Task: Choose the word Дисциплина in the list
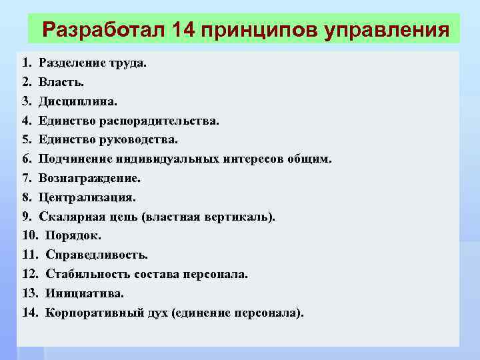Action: [77, 102]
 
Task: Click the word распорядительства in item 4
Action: [159, 121]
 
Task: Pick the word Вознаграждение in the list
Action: [89, 179]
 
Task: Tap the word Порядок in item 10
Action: [73, 235]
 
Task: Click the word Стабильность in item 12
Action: [85, 274]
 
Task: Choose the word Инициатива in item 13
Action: [84, 293]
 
